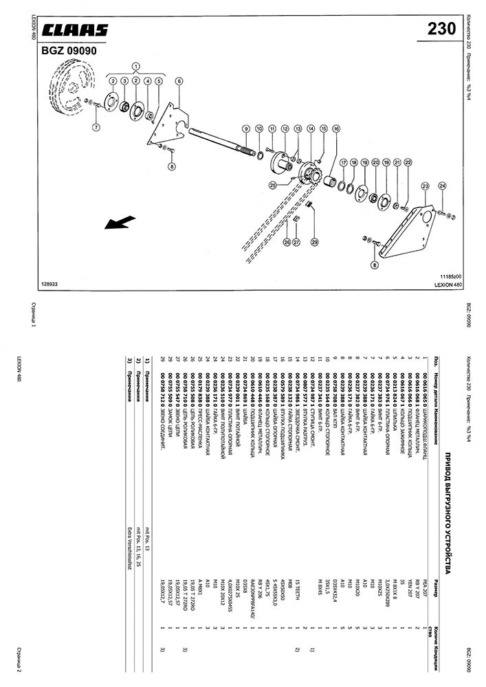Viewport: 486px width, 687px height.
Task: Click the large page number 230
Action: pyautogui.click(x=441, y=29)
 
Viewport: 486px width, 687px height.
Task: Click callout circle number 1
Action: pyautogui.click(x=136, y=67)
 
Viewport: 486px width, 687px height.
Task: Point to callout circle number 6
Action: pyautogui.click(x=179, y=81)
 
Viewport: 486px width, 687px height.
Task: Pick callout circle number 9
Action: pyautogui.click(x=245, y=128)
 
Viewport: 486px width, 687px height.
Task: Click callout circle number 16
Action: pyautogui.click(x=335, y=128)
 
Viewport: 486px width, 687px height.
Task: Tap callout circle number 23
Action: pyautogui.click(x=426, y=186)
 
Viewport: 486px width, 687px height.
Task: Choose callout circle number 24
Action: pyautogui.click(x=442, y=186)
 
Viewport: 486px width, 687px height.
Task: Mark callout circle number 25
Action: pyautogui.click(x=273, y=184)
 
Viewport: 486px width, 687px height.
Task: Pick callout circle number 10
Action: pyautogui.click(x=259, y=128)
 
